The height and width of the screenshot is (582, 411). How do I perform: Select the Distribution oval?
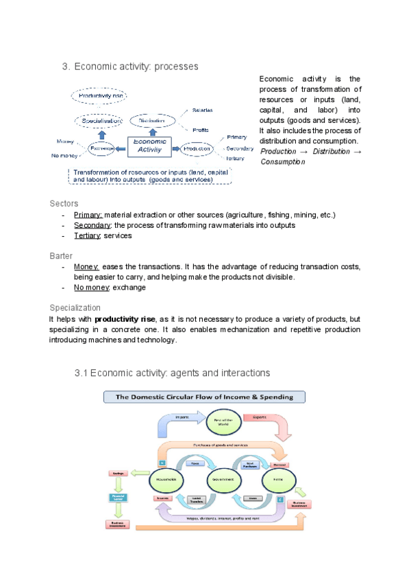[x=153, y=120]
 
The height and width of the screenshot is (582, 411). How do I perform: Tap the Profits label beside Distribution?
[x=200, y=129]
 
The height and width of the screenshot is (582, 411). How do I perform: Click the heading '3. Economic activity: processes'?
[x=130, y=67]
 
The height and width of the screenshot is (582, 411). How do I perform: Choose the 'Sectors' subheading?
[x=64, y=204]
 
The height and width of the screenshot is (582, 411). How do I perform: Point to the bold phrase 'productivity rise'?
[x=126, y=319]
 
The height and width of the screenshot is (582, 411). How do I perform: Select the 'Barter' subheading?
[x=62, y=255]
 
